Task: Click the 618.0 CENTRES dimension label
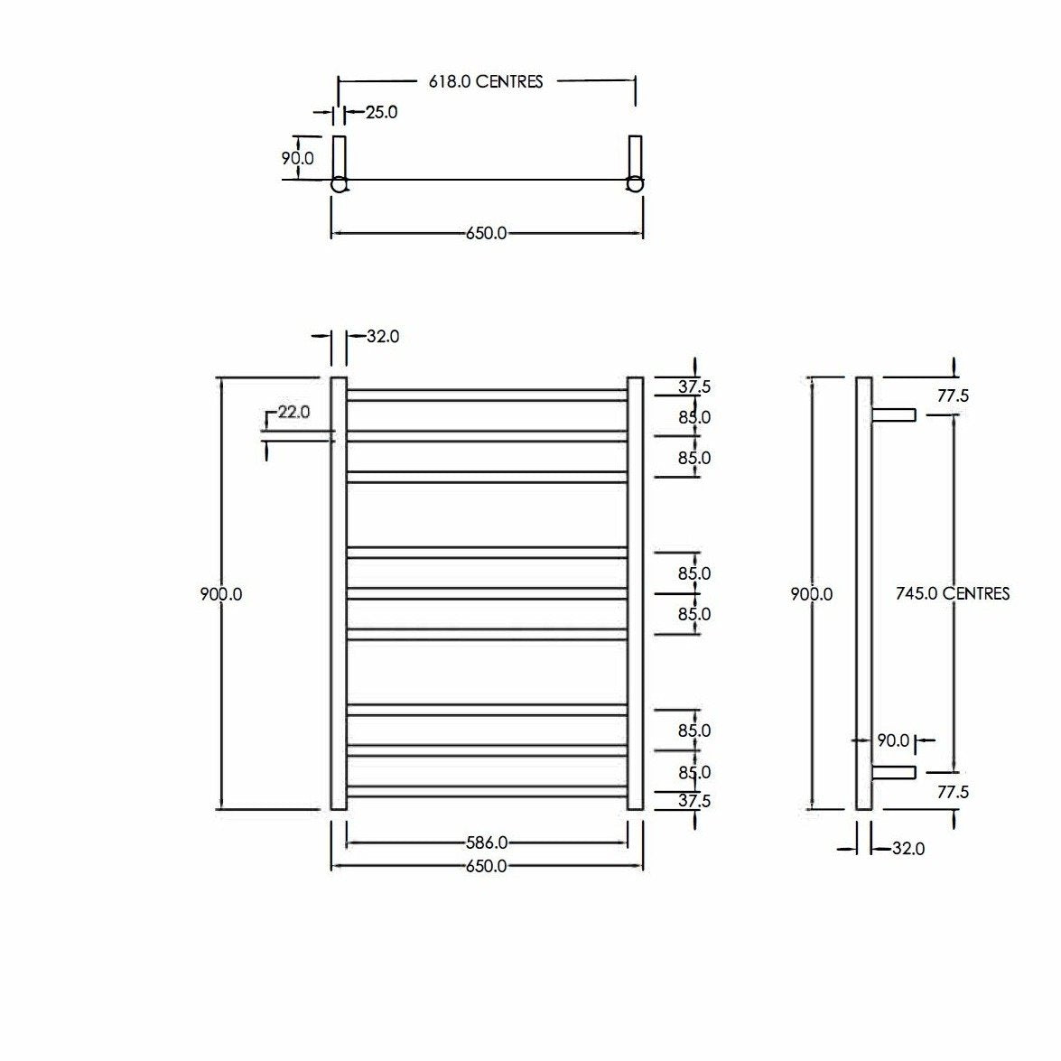486,81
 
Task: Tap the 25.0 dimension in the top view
381,113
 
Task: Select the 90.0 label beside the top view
298,158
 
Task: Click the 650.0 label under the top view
486,233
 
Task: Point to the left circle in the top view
339,184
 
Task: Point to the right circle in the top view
636,184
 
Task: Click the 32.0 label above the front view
383,336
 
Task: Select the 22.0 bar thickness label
293,412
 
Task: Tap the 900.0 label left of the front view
220,594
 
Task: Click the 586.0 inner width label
486,842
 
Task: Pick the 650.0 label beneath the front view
486,866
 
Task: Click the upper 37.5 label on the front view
694,386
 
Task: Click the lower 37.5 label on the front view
694,800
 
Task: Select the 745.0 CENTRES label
953,593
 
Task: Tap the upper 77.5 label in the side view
953,396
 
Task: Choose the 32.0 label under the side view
907,849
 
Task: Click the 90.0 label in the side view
893,740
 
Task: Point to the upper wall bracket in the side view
894,414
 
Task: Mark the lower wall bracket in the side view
894,772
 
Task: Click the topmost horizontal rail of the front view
486,395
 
